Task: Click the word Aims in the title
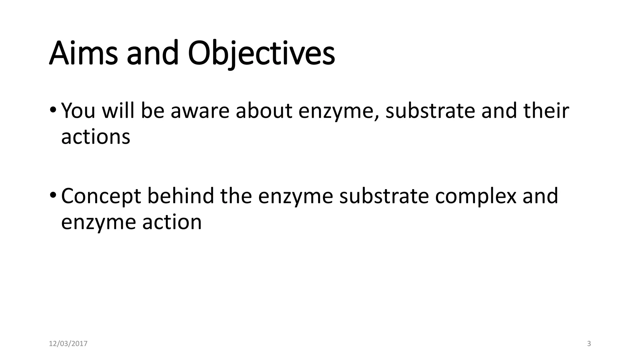click(83, 53)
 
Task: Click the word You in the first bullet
click(78, 111)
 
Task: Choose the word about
click(264, 111)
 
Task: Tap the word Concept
click(101, 196)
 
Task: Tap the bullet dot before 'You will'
click(53, 110)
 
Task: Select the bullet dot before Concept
click(53, 195)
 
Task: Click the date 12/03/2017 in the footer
click(68, 344)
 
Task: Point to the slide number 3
click(589, 344)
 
